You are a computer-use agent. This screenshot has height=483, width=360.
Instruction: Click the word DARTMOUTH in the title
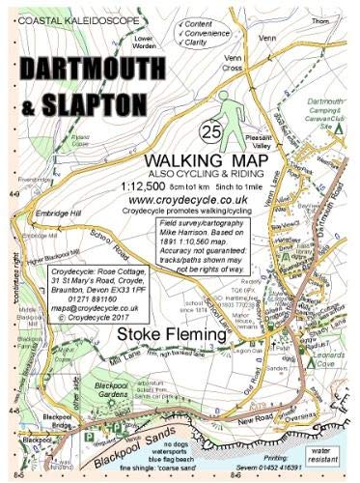[x=99, y=70]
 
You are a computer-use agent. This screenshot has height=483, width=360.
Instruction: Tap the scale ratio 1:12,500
[x=170, y=184]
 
